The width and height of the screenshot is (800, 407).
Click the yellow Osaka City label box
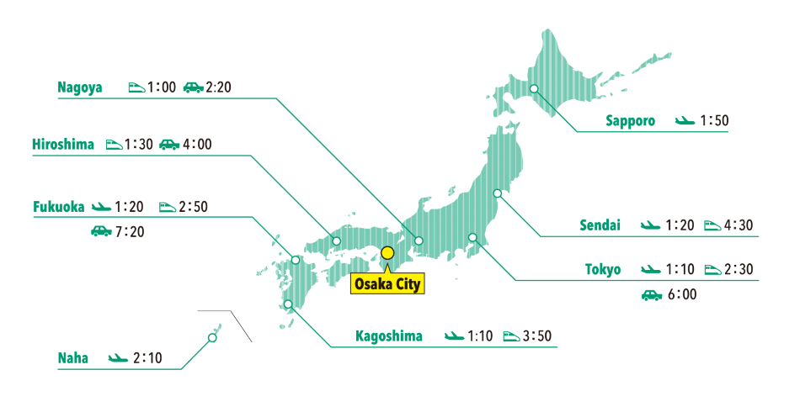tap(387, 283)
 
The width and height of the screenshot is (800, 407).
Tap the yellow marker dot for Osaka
tap(387, 251)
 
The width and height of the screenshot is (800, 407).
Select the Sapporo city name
tap(630, 120)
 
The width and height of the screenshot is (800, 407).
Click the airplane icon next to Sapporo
tap(685, 121)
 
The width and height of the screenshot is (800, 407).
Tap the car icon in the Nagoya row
tap(193, 87)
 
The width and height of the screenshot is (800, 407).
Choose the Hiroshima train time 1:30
tap(138, 144)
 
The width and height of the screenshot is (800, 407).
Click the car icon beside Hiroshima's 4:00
tap(169, 144)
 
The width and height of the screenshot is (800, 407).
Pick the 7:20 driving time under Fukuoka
tap(130, 230)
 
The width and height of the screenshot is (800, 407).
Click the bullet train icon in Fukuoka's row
tap(168, 205)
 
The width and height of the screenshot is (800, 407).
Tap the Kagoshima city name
tap(389, 336)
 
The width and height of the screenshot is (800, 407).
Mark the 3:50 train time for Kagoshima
tap(537, 336)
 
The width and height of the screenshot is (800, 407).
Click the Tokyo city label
tap(603, 269)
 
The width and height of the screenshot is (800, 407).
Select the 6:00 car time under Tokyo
tap(680, 295)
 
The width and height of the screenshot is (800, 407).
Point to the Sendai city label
tap(600, 225)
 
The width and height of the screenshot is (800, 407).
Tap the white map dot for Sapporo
tap(534, 89)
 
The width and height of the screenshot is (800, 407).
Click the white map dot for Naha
tap(211, 338)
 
